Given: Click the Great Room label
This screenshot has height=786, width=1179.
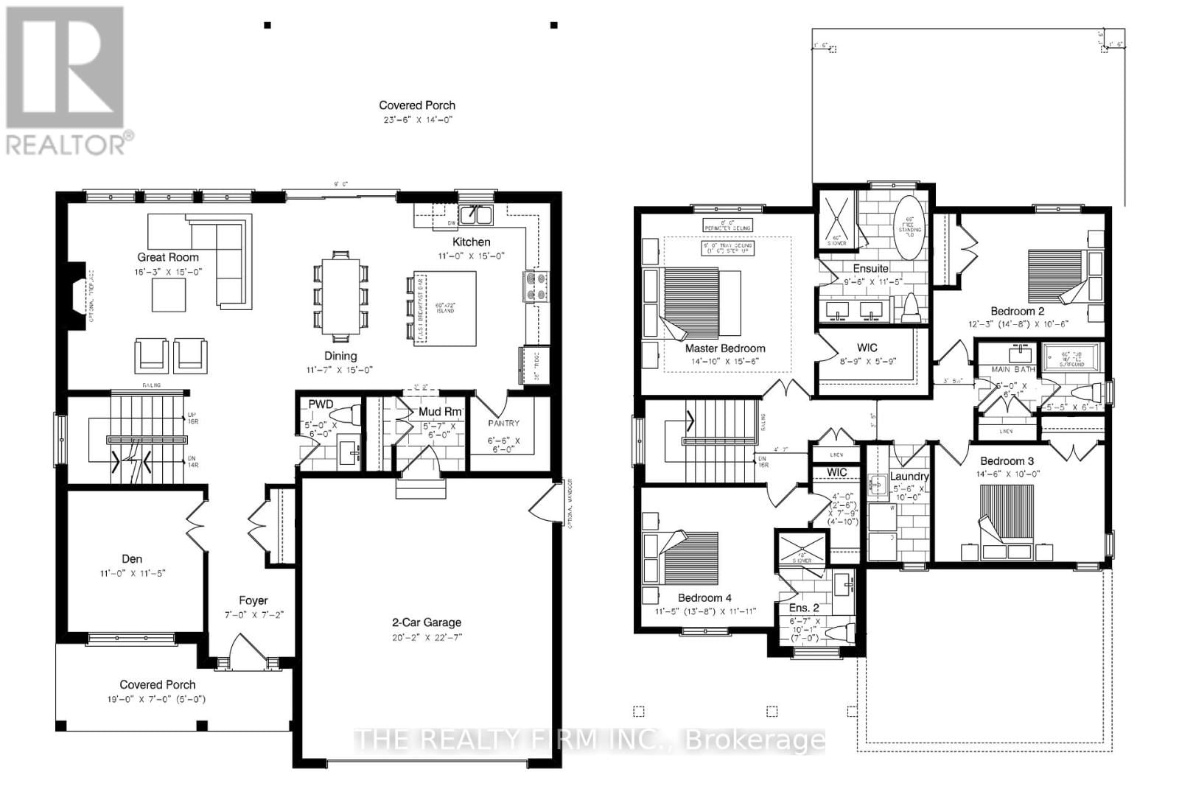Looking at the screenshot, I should tap(168, 257).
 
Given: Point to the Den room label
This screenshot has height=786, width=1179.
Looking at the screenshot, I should tap(132, 559).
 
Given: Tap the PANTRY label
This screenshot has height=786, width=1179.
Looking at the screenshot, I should tap(503, 424).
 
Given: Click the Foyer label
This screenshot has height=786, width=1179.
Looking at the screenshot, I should tap(253, 600).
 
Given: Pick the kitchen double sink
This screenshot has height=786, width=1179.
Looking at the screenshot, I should tap(476, 215).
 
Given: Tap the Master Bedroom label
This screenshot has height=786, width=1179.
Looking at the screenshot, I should tap(725, 348).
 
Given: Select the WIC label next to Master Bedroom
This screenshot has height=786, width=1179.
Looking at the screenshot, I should tap(867, 347).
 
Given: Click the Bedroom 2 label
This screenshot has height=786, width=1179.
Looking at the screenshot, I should tap(1017, 311).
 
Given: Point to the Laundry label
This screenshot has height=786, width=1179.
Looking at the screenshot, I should tap(909, 477).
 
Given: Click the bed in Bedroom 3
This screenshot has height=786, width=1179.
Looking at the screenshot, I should tap(1007, 512).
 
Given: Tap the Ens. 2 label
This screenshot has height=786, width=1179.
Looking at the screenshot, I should tap(804, 608).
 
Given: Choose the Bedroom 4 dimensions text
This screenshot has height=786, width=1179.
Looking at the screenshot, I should tap(706, 611).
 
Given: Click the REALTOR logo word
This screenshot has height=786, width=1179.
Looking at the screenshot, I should tap(66, 144).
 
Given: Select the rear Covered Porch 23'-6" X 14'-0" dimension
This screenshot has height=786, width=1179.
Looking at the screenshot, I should tap(417, 119).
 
